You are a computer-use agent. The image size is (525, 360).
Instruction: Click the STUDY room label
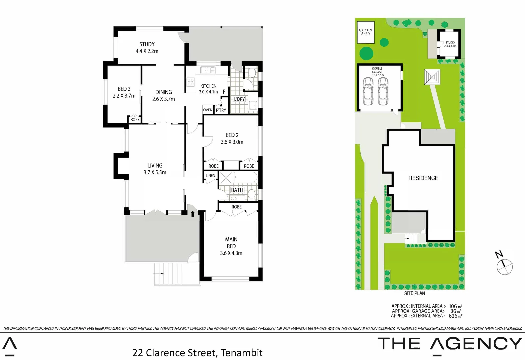(x=147, y=44)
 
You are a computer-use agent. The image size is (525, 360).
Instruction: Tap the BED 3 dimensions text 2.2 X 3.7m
(x=124, y=96)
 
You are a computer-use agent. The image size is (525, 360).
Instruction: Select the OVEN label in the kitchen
(x=208, y=110)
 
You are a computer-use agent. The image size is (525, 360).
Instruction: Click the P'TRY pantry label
(x=221, y=110)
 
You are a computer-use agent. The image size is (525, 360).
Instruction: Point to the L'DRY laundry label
(x=239, y=99)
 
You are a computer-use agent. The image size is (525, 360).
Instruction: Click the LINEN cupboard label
(x=210, y=176)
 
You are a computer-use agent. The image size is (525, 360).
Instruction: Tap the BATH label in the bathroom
(x=237, y=190)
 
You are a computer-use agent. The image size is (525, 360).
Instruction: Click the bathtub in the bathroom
(x=245, y=177)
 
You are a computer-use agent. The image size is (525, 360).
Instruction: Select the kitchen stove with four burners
(x=191, y=82)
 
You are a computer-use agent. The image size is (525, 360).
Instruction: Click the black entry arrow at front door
(x=193, y=214)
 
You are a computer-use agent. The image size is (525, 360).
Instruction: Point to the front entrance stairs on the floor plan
(x=177, y=273)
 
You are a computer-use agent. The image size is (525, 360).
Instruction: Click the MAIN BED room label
(x=231, y=243)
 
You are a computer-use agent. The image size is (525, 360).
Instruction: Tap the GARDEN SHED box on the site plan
(x=365, y=32)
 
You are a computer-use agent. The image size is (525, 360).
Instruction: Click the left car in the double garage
(x=367, y=91)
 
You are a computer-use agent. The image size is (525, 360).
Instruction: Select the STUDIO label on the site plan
(x=450, y=43)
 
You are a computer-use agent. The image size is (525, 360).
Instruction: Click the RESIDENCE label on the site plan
(x=423, y=178)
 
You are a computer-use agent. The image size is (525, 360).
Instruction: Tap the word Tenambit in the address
(x=241, y=353)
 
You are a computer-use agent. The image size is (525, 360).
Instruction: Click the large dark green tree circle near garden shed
(x=366, y=53)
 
